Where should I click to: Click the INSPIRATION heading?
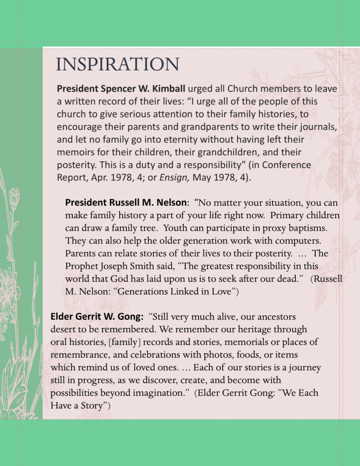117,64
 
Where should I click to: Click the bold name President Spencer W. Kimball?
121,88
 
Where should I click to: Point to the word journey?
305,367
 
